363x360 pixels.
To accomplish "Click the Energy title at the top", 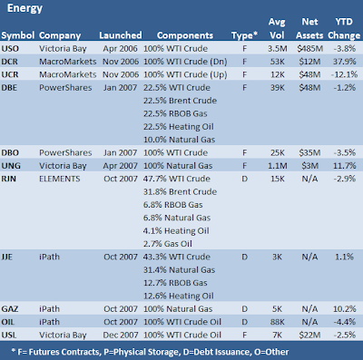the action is click(25, 8).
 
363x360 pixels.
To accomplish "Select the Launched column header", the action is click(121, 35).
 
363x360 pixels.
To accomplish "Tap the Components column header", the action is click(185, 35).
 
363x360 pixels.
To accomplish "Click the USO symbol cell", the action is click(10, 48).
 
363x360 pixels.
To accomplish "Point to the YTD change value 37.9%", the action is click(345, 62).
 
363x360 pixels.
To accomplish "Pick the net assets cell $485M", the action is click(309, 48).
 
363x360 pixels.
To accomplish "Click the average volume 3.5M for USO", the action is click(277, 48).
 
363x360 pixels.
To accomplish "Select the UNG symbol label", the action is click(11, 166).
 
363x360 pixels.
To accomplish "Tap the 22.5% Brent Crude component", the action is click(180, 101).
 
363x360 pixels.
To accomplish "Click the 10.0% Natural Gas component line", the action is click(179, 140).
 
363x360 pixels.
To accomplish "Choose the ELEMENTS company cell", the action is click(60, 179).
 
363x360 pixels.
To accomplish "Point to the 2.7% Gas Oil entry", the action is click(168, 244).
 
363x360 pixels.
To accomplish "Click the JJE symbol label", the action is click(7, 257).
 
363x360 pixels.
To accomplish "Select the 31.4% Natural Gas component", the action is click(179, 269).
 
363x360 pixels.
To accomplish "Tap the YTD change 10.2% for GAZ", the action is click(345, 309).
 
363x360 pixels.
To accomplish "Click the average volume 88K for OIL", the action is click(277, 322).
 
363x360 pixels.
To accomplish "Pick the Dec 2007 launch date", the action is click(121, 335).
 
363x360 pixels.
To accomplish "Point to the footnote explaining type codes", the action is click(150, 352).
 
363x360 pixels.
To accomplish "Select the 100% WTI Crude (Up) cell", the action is click(185, 74).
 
